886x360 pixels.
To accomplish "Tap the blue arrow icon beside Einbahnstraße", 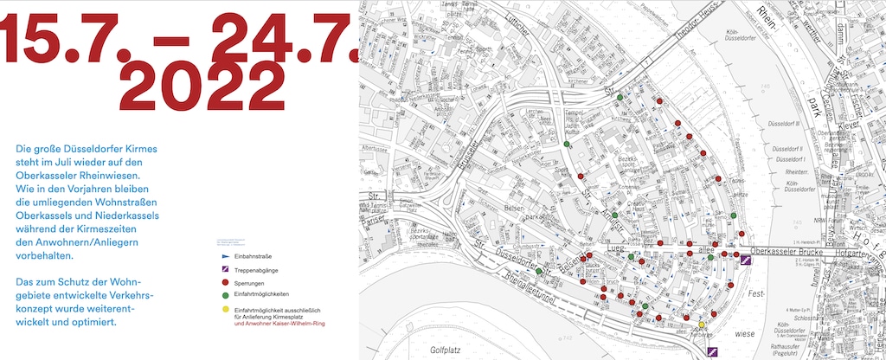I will pos(225,257).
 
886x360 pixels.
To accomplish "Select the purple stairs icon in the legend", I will pos(225,270).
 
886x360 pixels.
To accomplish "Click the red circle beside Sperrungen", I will pos(225,282).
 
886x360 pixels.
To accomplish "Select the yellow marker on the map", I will pos(701,325).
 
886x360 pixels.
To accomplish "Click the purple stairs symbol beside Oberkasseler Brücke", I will pos(744,259).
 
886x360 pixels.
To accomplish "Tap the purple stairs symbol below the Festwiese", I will pos(713,350).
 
